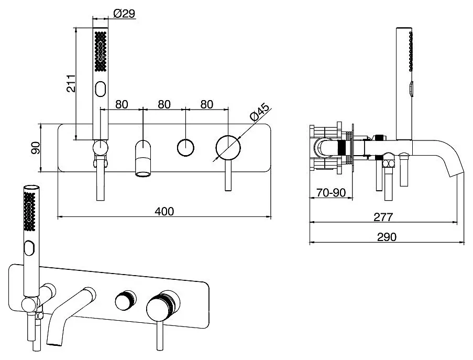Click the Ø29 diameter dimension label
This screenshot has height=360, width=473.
coord(124,14)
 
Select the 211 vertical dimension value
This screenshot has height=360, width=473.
coord(71,84)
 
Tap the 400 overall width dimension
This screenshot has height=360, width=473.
coord(164,211)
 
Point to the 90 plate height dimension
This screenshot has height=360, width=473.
coord(36,148)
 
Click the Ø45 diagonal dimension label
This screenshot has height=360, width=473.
coord(259,112)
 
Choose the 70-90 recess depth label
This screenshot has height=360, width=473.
coord(331,192)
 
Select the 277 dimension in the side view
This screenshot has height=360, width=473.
coord(383,216)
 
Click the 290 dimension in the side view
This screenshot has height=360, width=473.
coord(387,237)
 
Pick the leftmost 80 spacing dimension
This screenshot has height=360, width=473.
coord(122,104)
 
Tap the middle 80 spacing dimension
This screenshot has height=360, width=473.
coord(164,104)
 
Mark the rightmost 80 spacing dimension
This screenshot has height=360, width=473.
coord(206,104)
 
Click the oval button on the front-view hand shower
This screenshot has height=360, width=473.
coord(100,89)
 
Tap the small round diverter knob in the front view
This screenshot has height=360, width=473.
coord(185,148)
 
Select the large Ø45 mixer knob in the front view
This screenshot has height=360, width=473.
coord(228,148)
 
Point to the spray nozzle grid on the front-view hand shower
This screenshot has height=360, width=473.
coord(101,51)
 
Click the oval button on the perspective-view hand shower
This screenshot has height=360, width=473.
coord(29,248)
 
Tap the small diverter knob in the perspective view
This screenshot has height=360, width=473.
coord(125,301)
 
